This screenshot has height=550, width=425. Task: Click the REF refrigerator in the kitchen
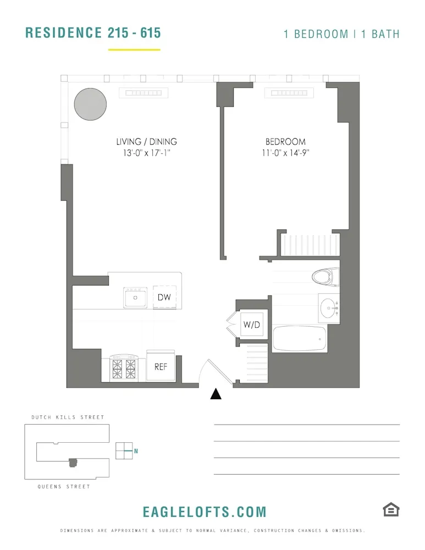point(161,366)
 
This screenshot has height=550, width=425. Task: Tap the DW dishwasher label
point(164,298)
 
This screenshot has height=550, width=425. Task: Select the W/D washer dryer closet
point(251,325)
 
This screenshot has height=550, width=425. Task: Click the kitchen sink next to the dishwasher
point(135,298)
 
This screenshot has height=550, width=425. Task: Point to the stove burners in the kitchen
point(124,367)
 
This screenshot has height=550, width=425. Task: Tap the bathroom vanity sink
point(330,309)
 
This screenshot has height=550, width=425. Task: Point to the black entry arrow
point(216,394)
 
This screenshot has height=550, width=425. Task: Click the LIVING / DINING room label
point(147,142)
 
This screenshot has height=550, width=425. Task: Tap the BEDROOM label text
point(285,142)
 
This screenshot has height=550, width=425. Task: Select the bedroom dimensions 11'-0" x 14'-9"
point(285,153)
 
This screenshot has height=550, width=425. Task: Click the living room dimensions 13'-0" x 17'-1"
point(147,153)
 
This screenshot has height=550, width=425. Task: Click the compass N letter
point(136,451)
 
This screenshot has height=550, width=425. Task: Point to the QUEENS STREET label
point(64,487)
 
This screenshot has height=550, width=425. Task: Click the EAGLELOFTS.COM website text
point(205,512)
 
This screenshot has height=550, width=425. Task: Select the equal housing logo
point(391,510)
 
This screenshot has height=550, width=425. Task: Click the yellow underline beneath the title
point(134,50)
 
